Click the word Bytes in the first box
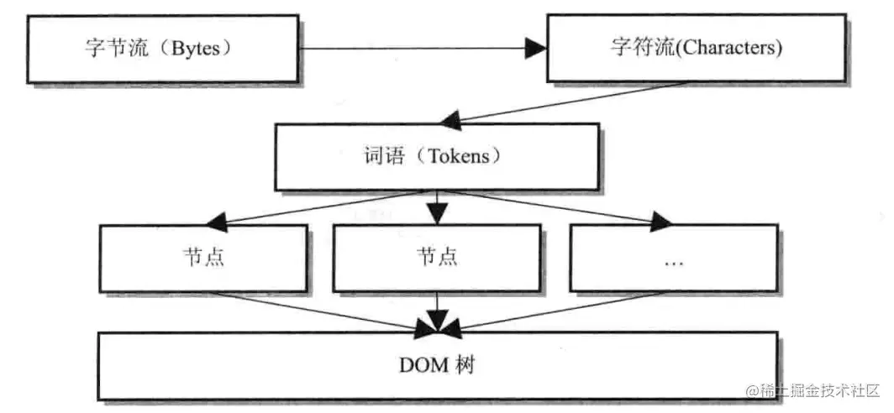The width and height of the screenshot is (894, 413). click(x=196, y=48)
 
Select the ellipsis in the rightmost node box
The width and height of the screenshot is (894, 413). click(x=673, y=261)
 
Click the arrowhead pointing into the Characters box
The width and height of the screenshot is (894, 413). click(x=535, y=49)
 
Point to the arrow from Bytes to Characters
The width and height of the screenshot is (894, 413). click(x=420, y=49)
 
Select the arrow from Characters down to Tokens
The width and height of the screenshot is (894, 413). click(x=571, y=101)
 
